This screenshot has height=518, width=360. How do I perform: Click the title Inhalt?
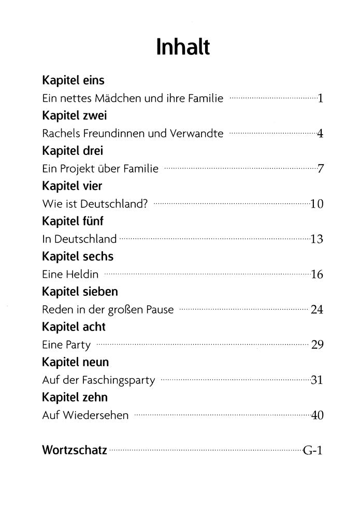click(x=183, y=47)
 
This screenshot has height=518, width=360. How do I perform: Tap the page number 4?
click(x=320, y=134)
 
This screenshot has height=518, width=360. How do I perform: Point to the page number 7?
click(x=321, y=169)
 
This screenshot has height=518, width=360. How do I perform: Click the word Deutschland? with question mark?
click(x=115, y=204)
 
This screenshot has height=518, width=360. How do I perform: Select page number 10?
click(x=317, y=204)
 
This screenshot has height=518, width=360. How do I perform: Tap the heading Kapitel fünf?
click(x=73, y=221)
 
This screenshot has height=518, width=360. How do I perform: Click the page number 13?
click(x=317, y=239)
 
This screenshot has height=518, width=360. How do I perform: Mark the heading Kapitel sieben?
click(x=80, y=292)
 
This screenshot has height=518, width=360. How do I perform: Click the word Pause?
click(x=160, y=310)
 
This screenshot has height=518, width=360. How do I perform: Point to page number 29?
click(x=318, y=346)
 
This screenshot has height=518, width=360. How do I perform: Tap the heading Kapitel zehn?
click(x=75, y=397)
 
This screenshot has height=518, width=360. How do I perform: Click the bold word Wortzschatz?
click(x=75, y=450)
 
